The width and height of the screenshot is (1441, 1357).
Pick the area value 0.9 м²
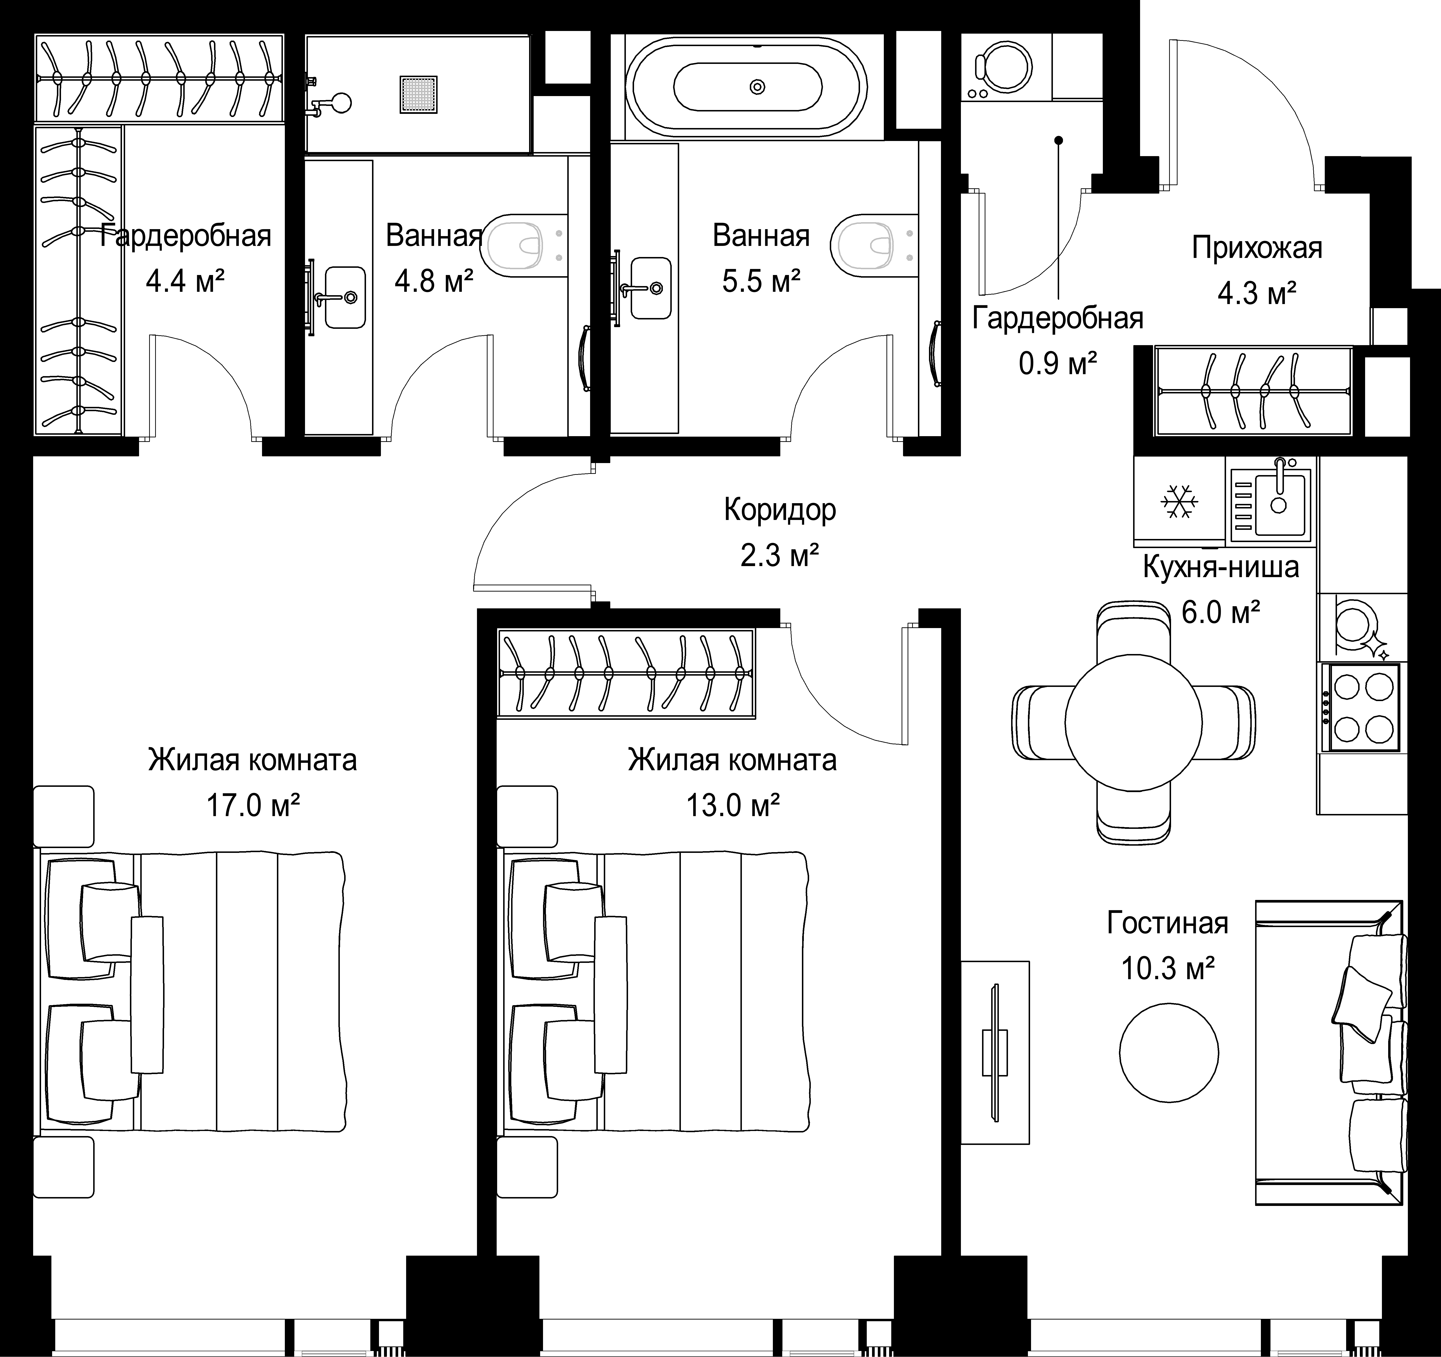click(x=1057, y=362)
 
